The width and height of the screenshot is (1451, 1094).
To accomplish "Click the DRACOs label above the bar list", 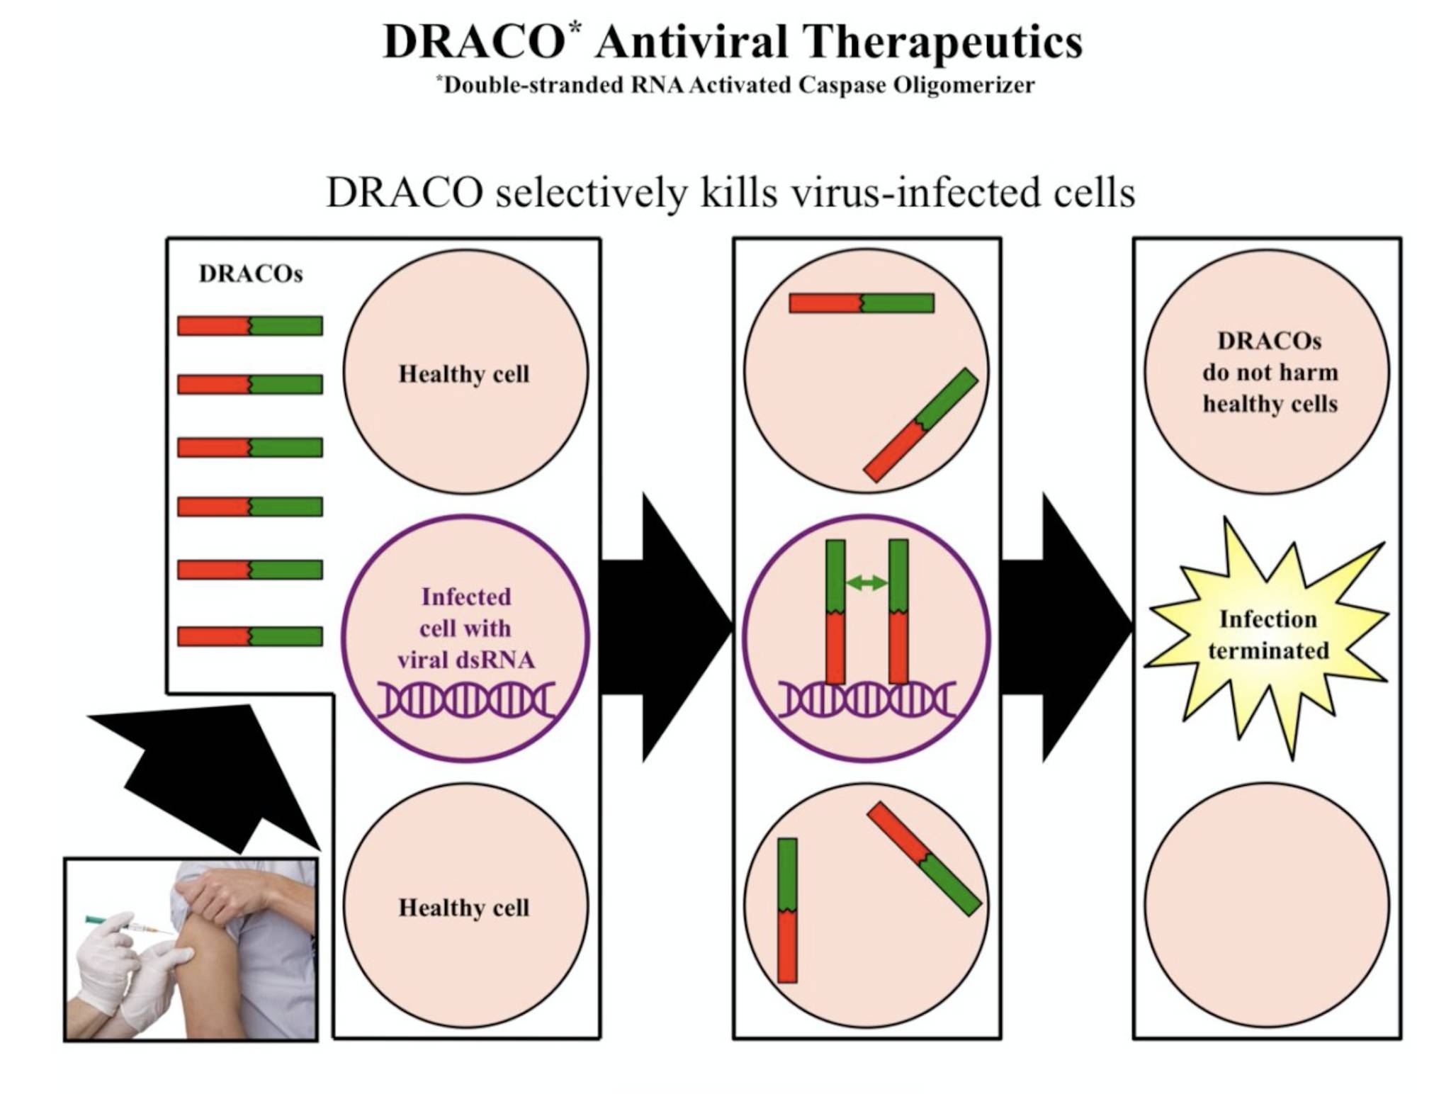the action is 251,273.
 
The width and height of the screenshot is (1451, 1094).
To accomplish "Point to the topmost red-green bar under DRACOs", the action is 250,325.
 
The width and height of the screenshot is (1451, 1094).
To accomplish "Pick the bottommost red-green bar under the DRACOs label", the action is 250,636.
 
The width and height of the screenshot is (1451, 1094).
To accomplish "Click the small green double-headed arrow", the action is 866,582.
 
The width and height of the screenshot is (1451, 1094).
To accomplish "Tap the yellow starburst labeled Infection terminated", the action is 1267,636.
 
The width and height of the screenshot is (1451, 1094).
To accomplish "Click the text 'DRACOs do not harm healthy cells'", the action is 1270,372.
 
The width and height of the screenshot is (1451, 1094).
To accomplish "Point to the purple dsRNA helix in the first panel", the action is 465,700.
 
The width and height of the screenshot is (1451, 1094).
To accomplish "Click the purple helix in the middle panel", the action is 866,700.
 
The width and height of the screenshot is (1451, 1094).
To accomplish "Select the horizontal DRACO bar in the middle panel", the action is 862,303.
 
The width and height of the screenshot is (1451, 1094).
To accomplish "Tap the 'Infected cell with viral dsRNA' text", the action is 465,628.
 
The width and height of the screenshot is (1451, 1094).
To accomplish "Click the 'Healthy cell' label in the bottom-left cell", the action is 464,907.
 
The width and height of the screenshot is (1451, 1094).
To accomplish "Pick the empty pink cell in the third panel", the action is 1267,906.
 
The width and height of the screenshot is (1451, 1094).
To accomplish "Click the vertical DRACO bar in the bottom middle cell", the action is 787,910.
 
